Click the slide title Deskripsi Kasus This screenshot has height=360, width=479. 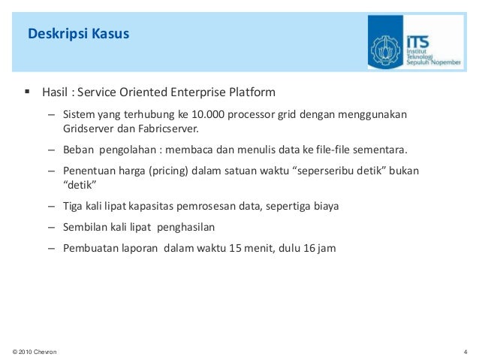tap(78, 34)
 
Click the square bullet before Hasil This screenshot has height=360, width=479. tap(27, 92)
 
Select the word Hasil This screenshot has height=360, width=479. tap(55, 93)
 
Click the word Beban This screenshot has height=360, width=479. tap(78, 149)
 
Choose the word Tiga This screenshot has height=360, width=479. tap(74, 205)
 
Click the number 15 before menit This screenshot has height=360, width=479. tap(237, 247)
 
